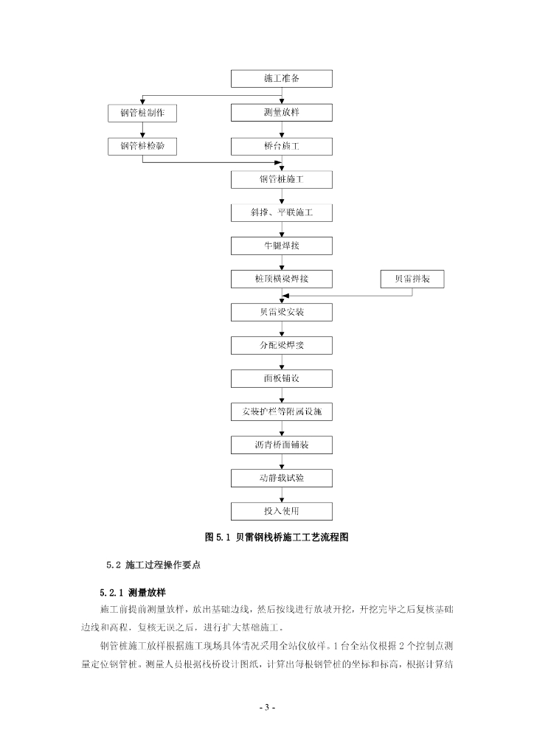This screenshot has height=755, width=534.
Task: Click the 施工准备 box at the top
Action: (281, 78)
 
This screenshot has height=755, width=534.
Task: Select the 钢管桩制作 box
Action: (142, 112)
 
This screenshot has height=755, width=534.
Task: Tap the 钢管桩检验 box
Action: (142, 146)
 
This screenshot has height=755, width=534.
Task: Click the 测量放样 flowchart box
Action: (281, 112)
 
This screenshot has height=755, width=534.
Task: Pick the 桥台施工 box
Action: (281, 146)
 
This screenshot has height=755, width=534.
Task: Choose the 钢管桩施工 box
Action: (281, 179)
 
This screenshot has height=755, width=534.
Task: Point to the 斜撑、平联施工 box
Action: (281, 212)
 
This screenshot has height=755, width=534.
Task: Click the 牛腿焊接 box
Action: (281, 246)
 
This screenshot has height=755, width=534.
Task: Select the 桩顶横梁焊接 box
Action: (281, 279)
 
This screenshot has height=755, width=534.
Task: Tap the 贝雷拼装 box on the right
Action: (412, 279)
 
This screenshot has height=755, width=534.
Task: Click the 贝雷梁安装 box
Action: (281, 312)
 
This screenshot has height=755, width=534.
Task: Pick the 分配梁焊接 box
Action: (281, 345)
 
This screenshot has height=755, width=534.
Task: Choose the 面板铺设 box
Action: (281, 378)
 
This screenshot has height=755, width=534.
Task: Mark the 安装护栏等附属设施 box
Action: (281, 411)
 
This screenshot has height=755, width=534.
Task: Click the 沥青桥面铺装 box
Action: (281, 445)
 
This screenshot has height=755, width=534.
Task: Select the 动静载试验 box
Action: (281, 478)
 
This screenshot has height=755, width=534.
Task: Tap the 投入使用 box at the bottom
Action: (281, 511)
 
